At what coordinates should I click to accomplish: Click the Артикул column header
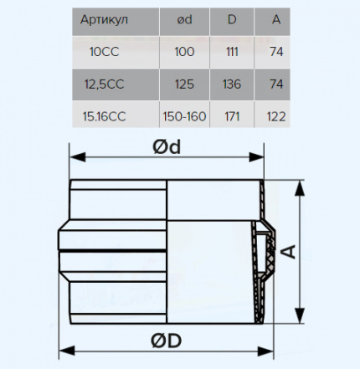point(104,20)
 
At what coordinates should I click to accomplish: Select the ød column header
point(184,19)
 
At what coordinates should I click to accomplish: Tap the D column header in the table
point(232,19)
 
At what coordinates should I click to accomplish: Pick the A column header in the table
point(276,19)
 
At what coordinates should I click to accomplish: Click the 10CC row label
point(104,52)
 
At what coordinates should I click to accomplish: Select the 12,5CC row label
point(104,85)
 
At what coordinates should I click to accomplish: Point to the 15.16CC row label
point(104,116)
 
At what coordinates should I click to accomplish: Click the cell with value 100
point(184,52)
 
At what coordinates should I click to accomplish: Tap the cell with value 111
point(232,52)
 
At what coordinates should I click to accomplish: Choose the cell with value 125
point(184,85)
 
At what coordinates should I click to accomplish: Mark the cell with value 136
point(232,85)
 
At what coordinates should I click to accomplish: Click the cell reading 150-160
point(184,116)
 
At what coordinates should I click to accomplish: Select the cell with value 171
point(232,116)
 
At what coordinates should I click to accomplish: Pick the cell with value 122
point(276,116)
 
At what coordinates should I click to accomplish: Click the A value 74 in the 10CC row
point(276,52)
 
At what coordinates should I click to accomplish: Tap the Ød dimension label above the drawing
point(167,146)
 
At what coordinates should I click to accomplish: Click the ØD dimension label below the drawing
point(167,341)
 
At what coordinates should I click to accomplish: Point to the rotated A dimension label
point(290,252)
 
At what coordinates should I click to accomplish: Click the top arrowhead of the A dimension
point(300,188)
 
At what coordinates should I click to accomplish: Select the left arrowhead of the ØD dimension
point(67,351)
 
